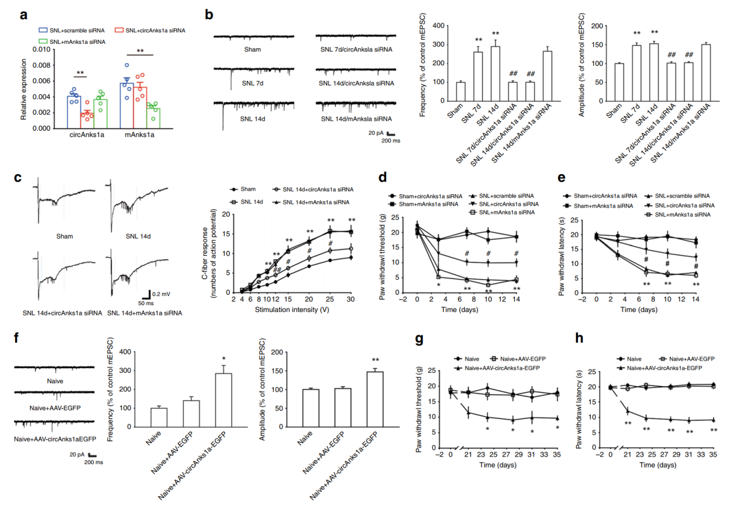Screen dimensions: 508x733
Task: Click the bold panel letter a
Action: point(24,16)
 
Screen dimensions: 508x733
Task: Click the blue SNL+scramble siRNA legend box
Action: point(43,29)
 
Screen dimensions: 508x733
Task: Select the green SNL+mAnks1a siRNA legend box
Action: point(43,41)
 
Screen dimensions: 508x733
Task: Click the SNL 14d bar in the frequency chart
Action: point(495,73)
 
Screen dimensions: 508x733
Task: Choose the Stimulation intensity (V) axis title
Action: point(291,309)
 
